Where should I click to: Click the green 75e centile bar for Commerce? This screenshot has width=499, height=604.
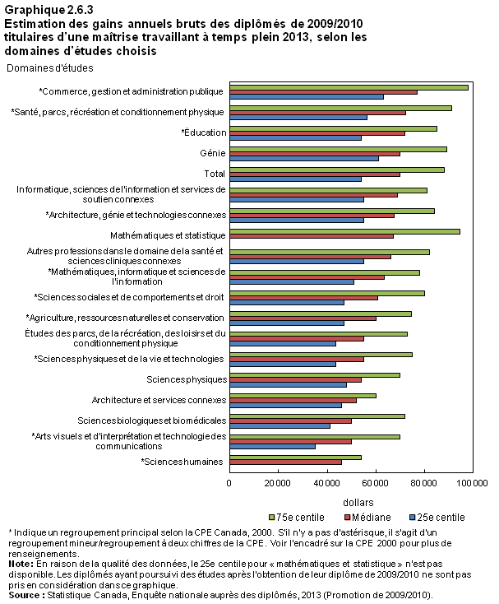[349, 87]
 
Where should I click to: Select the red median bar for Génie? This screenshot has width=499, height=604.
[315, 154]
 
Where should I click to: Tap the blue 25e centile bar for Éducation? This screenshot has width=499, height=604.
[295, 138]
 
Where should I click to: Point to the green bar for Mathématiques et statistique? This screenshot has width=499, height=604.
[344, 231]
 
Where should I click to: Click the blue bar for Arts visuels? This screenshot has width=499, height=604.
[272, 447]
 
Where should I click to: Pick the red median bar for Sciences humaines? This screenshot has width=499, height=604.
[285, 462]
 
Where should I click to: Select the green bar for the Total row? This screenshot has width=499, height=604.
[337, 170]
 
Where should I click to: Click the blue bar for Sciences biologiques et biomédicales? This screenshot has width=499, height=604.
[280, 426]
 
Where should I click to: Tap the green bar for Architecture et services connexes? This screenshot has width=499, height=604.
[303, 396]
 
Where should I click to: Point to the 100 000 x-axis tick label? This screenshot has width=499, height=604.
[472, 483]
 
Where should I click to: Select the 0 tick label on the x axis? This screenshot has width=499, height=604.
[229, 483]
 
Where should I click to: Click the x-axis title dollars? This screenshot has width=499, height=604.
[358, 503]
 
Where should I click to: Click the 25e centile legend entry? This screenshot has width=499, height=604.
[437, 518]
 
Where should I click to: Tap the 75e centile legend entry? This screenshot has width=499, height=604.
[297, 518]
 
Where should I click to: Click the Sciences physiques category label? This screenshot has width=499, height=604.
[187, 379]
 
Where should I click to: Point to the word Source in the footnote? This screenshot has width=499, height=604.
[24, 595]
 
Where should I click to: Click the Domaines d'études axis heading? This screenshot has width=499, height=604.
[50, 68]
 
